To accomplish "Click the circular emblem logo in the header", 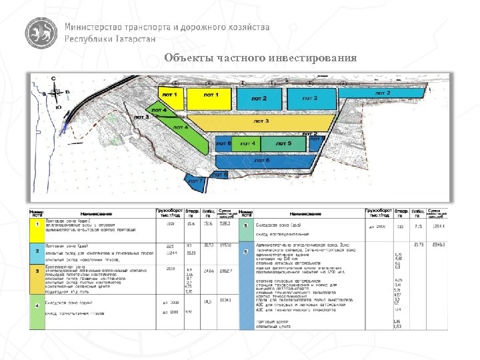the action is pyautogui.click(x=41, y=33).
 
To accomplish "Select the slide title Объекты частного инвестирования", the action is pyautogui.click(x=261, y=57).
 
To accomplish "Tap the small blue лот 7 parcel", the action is pyautogui.click(x=197, y=180).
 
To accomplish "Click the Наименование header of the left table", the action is pyautogui.click(x=99, y=212).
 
